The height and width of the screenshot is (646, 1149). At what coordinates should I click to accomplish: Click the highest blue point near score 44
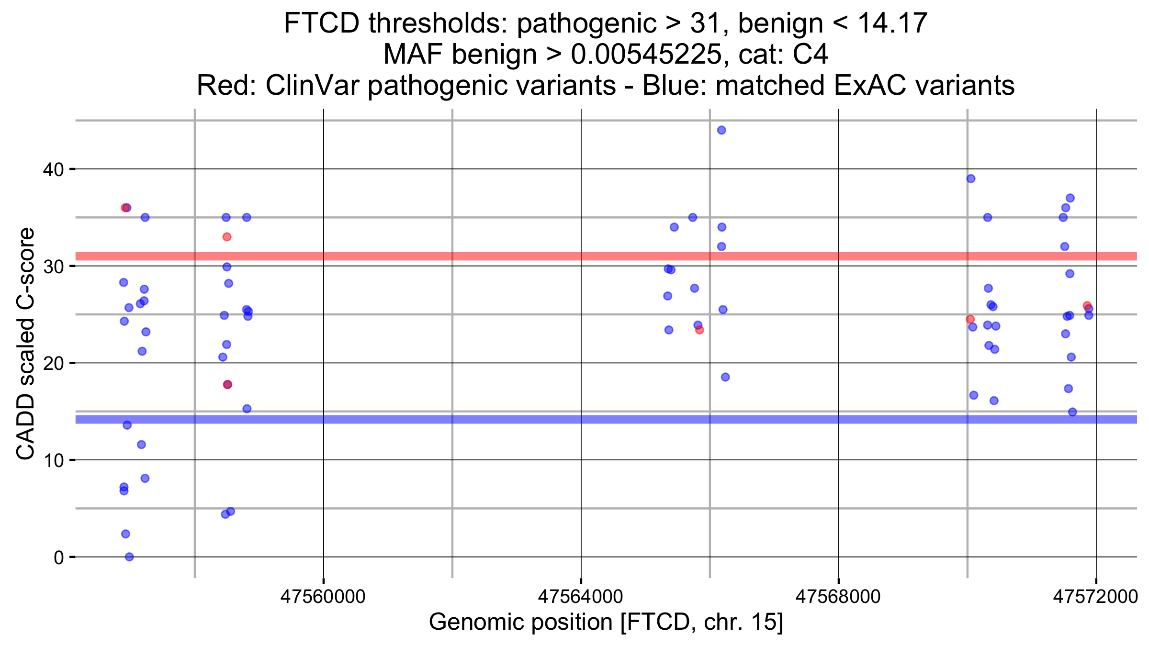721,130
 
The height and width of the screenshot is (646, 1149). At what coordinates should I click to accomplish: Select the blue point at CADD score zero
129,557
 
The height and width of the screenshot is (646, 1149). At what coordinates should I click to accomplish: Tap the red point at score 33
227,237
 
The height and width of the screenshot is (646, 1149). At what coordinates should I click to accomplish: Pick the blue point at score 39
971,178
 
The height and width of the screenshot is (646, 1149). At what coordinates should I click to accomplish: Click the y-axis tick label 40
53,169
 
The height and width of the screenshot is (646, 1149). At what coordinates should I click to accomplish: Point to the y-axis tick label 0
59,557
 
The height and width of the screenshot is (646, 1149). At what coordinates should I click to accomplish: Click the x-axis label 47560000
323,597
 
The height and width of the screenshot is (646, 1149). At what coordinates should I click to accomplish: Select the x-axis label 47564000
580,597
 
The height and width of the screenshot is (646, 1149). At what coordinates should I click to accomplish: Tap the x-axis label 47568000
838,597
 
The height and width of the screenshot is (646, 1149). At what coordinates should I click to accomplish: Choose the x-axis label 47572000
1095,597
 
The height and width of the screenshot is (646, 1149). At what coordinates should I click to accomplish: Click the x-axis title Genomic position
606,622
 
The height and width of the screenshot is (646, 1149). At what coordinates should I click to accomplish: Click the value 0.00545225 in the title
646,54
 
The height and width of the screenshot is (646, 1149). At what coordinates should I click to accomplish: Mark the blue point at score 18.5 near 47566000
725,377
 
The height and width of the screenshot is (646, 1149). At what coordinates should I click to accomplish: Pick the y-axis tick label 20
53,363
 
